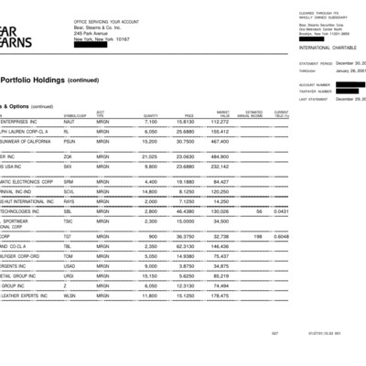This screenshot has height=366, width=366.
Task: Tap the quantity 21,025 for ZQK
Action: coord(150,156)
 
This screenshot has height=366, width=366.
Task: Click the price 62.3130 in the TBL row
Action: coord(184,247)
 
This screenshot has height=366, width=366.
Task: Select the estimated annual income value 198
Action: coord(257,235)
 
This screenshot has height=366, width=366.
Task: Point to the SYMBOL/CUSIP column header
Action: coord(76,113)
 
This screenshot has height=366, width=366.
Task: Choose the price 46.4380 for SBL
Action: coord(184,211)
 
